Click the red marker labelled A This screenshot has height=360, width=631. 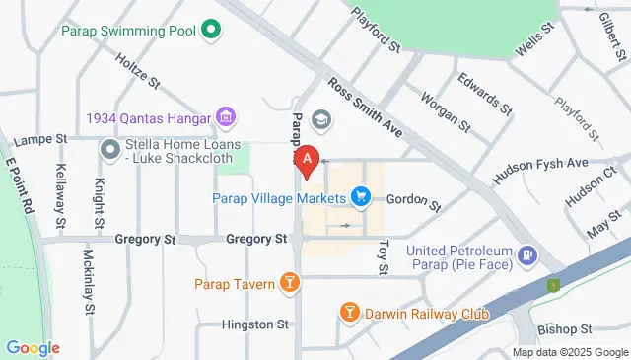pos(308,161)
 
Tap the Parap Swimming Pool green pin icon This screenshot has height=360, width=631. pos(210,31)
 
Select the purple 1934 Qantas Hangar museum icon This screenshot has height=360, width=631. pos(227,118)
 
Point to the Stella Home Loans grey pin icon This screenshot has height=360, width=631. pos(109,150)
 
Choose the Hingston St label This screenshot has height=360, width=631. pos(254,324)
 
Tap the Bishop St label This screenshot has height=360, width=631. pos(564,327)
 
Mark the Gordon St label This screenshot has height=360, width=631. pos(413,202)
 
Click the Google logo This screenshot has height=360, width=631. pos(33,347)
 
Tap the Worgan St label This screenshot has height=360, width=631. pos(445,109)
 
